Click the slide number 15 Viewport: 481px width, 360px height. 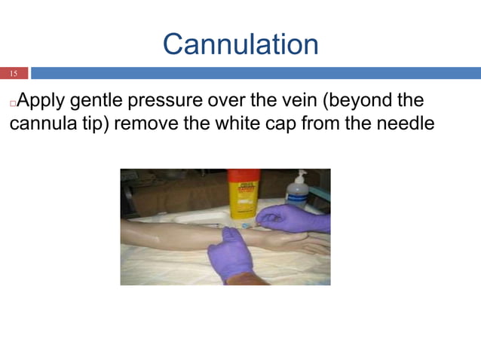coord(13,74)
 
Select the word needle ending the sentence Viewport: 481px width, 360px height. coord(406,122)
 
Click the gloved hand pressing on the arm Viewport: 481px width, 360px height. coord(229,254)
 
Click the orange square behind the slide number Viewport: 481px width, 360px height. coord(14,74)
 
